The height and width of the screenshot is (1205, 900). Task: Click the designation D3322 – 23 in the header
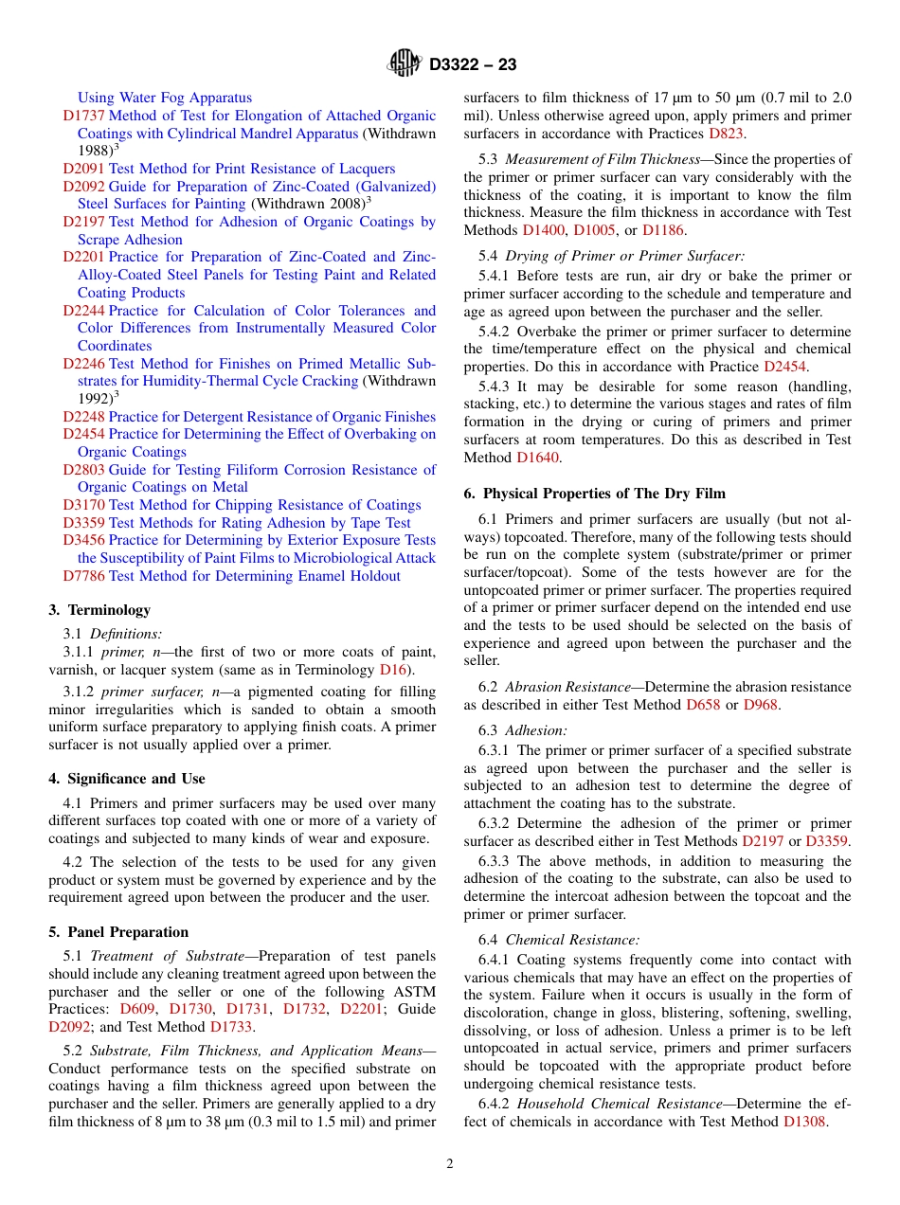point(473,65)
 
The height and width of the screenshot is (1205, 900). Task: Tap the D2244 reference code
point(83,311)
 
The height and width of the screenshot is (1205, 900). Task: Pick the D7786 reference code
point(83,576)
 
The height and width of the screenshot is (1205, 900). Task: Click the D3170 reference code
point(83,505)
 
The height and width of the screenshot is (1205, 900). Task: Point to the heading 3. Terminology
point(99,610)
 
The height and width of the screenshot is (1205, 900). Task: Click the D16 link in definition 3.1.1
point(392,670)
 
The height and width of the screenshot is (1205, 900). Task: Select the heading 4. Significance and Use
point(126,779)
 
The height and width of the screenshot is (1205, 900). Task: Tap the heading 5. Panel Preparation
point(118,932)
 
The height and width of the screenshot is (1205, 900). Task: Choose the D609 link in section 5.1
point(137,1009)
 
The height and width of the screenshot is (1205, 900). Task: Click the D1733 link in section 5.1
point(231,1027)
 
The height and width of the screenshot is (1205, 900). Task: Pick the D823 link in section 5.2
point(726,134)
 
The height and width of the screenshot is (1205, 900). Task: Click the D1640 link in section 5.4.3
point(538,458)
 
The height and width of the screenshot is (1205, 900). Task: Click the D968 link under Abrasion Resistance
point(761,705)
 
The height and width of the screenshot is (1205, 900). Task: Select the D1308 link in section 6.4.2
point(805,1122)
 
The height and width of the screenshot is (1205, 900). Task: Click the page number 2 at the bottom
point(450,1164)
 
